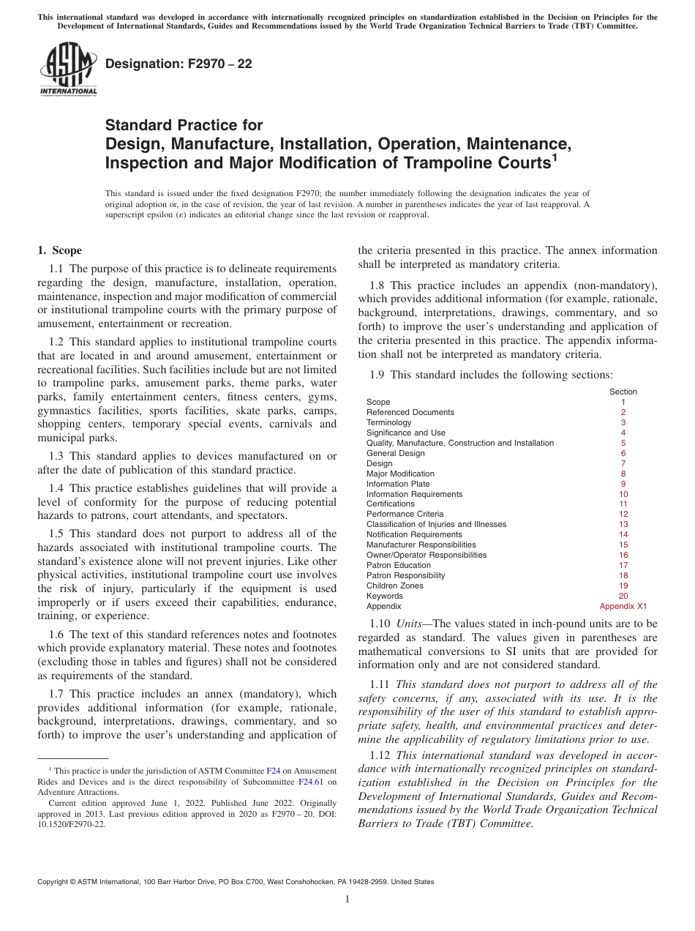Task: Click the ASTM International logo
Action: point(67,69)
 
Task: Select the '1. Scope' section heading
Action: point(60,250)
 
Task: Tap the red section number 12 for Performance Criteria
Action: point(623,514)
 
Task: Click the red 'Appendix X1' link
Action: point(623,606)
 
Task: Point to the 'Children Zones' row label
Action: point(394,586)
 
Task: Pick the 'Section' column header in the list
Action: point(623,392)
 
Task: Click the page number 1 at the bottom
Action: point(347,900)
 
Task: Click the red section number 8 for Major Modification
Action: point(623,474)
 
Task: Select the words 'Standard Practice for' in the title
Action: point(184,125)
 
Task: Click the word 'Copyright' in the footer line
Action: point(55,882)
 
